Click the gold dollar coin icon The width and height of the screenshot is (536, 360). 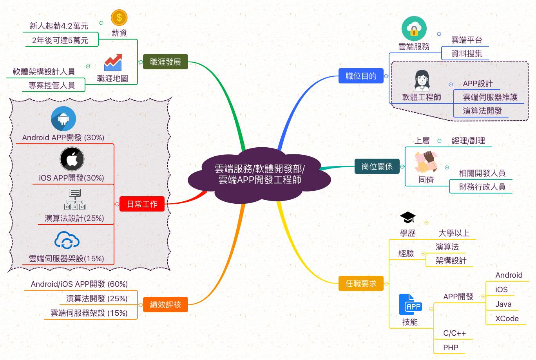119,18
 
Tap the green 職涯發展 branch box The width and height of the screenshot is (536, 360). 165,62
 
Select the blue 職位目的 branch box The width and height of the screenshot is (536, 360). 361,76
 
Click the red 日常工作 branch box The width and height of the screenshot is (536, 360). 142,204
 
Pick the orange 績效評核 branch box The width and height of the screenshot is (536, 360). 165,304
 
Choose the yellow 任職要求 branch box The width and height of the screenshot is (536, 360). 361,283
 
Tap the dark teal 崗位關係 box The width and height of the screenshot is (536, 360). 377,166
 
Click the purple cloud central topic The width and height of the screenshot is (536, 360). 259,174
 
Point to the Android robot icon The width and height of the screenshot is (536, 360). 63,119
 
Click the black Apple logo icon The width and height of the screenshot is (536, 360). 72,159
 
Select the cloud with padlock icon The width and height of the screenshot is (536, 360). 414,29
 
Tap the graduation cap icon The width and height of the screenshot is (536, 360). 407,217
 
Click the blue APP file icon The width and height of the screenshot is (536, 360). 410,304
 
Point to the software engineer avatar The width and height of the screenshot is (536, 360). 422,80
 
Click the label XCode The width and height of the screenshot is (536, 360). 507,318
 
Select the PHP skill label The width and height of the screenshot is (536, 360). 451,347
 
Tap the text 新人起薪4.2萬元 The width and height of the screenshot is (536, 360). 59,26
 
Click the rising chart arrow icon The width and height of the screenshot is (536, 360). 113,63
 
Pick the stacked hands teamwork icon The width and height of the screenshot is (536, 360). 426,162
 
